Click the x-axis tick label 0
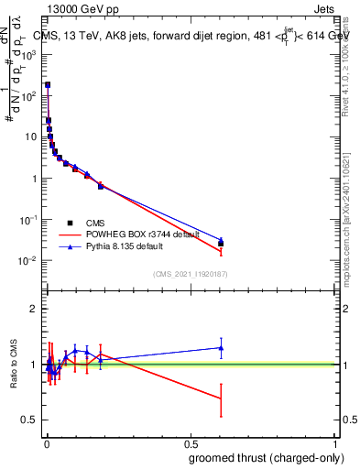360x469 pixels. (x=47, y=442)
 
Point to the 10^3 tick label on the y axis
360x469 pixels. (x=27, y=54)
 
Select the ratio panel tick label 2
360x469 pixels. (x=34, y=310)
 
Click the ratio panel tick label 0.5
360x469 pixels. (x=30, y=420)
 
